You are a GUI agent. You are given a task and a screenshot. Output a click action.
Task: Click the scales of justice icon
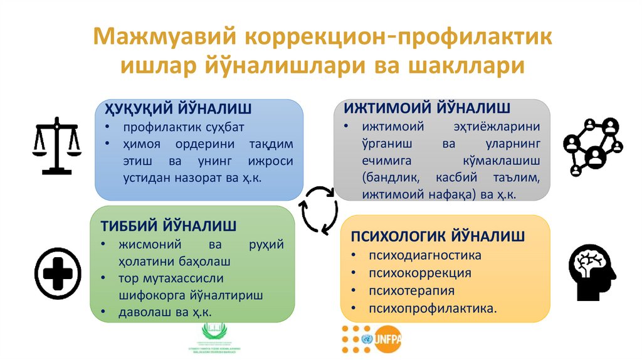[x=56, y=145]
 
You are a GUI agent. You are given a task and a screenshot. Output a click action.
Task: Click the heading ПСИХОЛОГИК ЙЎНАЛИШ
[x=437, y=236]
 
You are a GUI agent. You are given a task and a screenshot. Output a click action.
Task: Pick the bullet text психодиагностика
[x=424, y=255]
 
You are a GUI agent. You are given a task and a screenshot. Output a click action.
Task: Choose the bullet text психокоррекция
[x=419, y=273]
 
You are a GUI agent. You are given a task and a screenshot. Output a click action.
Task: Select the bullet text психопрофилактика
[x=433, y=308]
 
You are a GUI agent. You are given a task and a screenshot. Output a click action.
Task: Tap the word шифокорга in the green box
[x=149, y=295]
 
